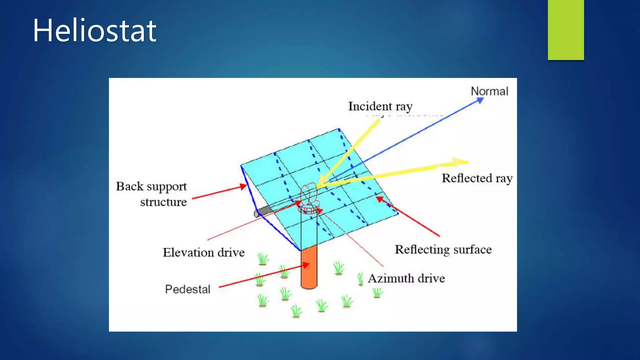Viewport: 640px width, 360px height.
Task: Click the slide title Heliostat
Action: point(94,31)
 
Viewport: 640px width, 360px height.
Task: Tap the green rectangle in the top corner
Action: point(566,30)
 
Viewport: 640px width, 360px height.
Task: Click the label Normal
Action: point(489,91)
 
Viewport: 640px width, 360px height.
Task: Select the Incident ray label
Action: point(380,106)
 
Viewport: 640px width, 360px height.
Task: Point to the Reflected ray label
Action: point(477,178)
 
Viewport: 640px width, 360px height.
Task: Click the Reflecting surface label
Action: point(443,249)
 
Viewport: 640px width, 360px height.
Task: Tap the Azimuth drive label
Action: point(406,278)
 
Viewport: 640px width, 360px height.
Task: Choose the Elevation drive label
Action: point(204,252)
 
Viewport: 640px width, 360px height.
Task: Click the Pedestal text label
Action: point(187,289)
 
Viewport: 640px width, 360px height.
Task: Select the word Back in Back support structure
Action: point(130,186)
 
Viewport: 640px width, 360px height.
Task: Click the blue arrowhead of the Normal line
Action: point(480,100)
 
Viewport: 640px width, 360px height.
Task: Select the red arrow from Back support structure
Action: point(219,192)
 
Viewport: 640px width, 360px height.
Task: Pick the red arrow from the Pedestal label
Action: point(264,276)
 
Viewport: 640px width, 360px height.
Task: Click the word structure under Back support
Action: point(163,202)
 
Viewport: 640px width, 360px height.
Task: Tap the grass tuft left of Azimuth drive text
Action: point(360,279)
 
